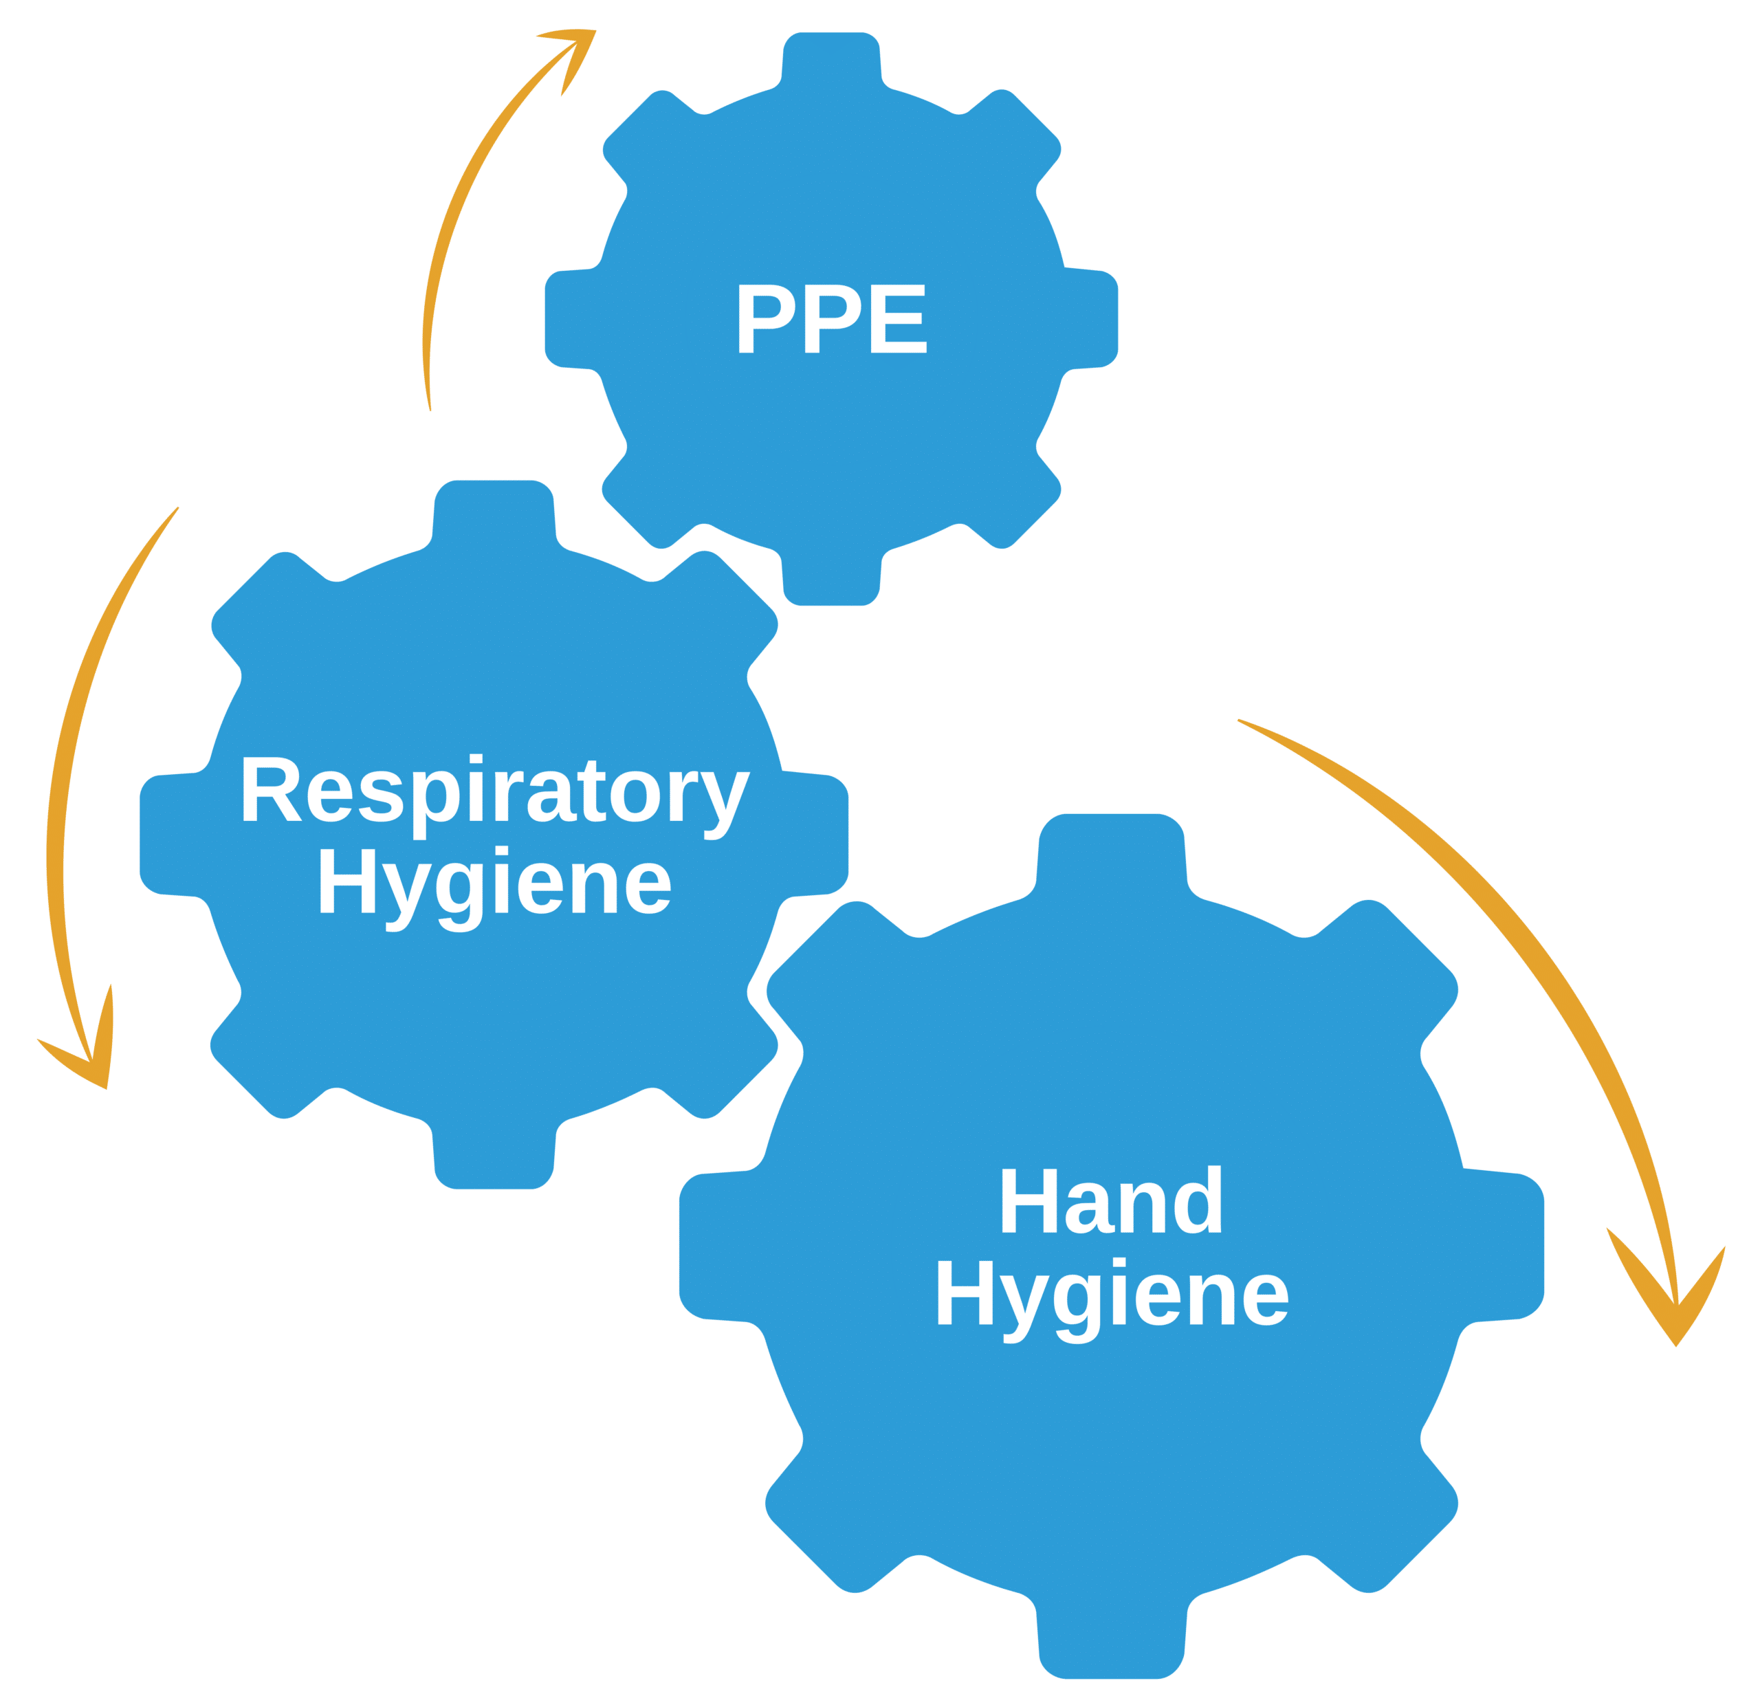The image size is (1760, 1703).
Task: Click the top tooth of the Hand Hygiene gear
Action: (x=1111, y=849)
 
